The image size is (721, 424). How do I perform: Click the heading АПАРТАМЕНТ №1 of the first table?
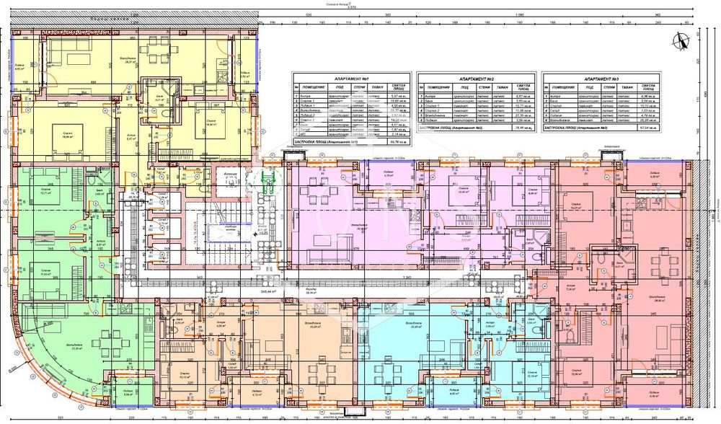(353, 76)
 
